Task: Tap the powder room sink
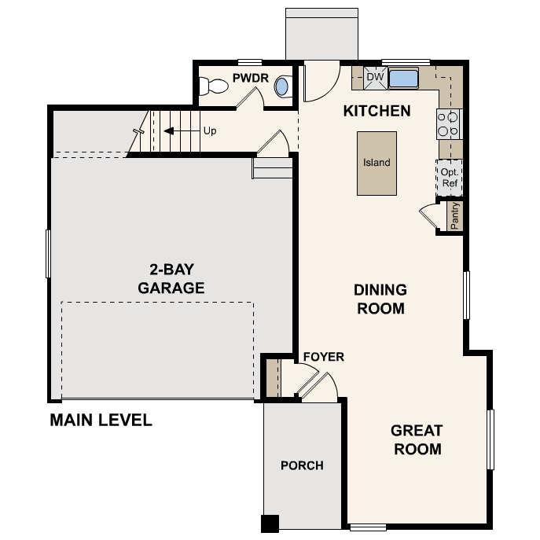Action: coord(281,87)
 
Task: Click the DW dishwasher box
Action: coord(375,78)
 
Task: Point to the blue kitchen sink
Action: coord(403,79)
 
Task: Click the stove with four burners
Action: coord(449,124)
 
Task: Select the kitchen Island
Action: coord(377,163)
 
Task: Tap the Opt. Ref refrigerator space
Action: coord(450,178)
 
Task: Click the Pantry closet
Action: coord(454,216)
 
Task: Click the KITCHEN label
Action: coord(377,111)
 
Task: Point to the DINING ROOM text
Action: coord(380,299)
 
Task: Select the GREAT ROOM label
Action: coord(417,439)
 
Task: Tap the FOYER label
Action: coord(323,357)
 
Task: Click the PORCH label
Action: coord(302,465)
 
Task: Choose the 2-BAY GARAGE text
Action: coord(171,278)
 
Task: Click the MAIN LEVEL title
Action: coord(101,420)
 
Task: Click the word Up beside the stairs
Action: coord(210,130)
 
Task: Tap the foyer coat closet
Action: coord(272,377)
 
